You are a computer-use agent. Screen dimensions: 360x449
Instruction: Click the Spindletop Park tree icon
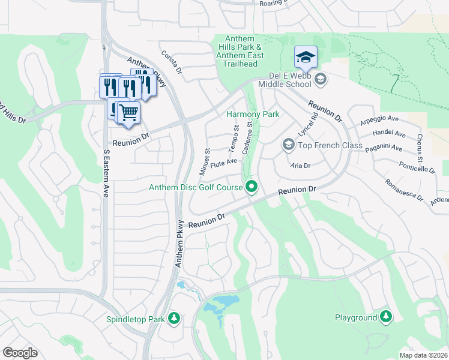(x=174, y=318)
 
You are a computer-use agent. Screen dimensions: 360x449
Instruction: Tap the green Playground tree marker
(x=385, y=317)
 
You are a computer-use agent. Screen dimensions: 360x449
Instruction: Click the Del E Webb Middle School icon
(x=320, y=79)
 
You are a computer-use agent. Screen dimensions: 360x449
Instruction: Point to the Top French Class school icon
(x=288, y=145)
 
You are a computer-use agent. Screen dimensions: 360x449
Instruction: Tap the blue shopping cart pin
(x=127, y=112)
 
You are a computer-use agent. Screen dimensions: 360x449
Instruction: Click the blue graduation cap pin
(x=306, y=57)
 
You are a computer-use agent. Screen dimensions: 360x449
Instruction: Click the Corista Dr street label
(x=171, y=62)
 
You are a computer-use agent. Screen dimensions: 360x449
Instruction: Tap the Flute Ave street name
(x=223, y=163)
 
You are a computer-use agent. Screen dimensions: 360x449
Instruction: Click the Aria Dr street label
(x=300, y=166)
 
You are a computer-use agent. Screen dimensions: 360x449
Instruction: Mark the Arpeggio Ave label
(x=379, y=121)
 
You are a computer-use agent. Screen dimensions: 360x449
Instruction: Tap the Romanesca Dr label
(x=404, y=191)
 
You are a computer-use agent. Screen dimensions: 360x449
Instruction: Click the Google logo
(x=20, y=352)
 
